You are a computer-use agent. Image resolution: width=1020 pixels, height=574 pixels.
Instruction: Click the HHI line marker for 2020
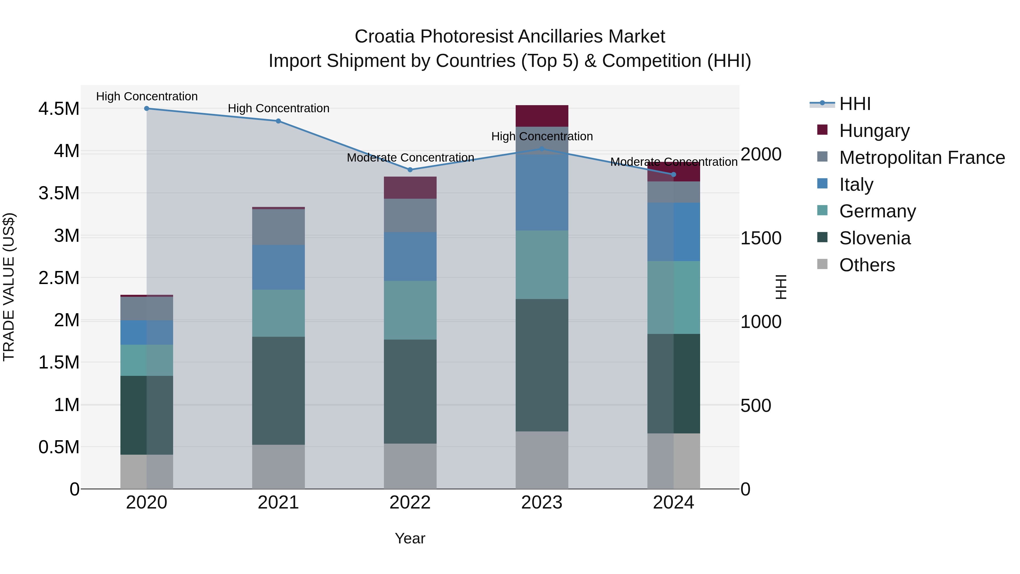146,109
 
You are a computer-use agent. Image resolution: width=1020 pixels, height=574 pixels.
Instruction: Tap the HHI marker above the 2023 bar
542,149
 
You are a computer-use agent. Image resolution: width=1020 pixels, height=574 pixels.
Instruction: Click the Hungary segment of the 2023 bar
542,116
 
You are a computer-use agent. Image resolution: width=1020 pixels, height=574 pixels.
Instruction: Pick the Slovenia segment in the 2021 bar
278,391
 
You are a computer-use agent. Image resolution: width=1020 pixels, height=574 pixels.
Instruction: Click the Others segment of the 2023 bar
542,460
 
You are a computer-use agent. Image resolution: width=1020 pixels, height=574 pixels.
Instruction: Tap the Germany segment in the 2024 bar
673,297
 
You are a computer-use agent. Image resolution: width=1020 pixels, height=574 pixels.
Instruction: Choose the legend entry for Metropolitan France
922,158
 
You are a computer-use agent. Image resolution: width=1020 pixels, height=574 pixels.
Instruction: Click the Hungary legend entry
874,131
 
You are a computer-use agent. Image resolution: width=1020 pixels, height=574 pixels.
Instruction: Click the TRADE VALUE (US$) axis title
9,287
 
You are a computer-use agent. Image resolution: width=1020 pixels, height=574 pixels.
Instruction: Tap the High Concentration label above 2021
278,108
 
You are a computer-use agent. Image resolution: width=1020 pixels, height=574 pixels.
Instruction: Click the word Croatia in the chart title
384,37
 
